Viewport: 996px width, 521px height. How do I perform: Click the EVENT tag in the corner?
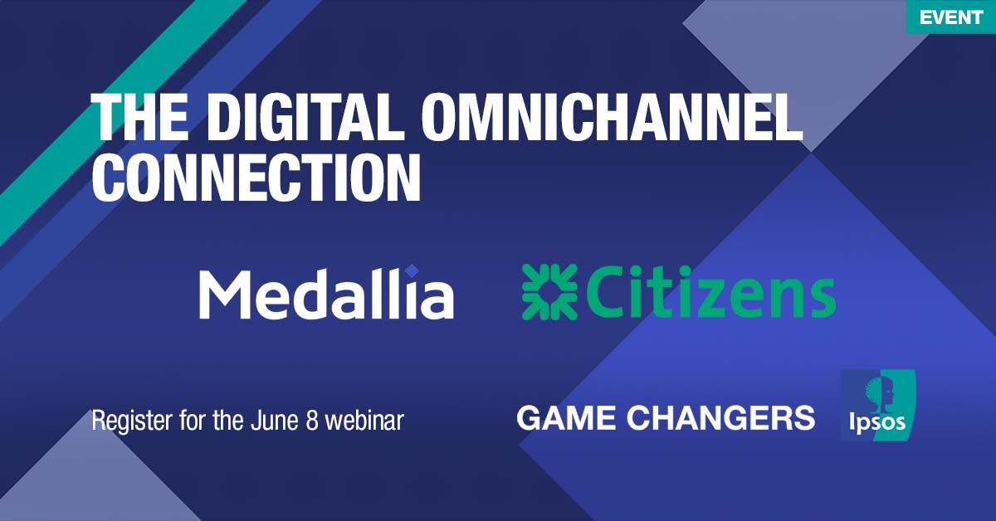point(950,17)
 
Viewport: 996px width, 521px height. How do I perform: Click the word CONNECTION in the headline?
point(256,177)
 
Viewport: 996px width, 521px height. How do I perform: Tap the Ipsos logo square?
point(877,406)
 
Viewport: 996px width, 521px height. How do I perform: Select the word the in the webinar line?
point(225,420)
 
